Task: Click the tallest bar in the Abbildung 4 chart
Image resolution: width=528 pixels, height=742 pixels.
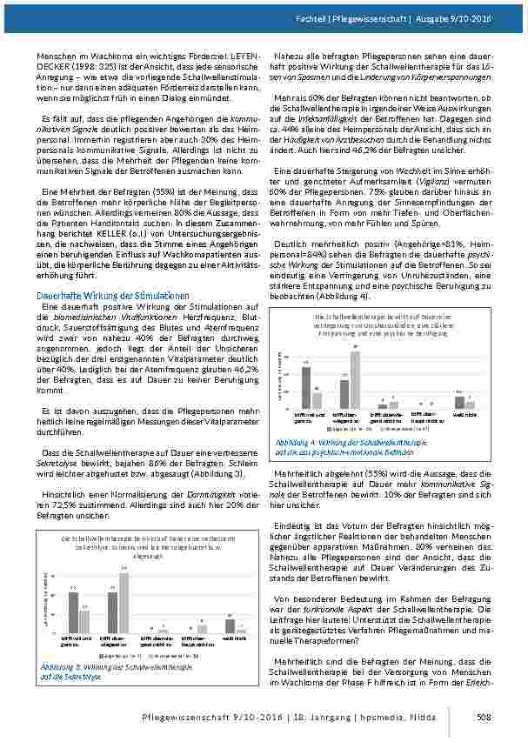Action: pos(355,378)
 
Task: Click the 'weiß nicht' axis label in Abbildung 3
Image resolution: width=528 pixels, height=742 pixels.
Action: pos(232,638)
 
